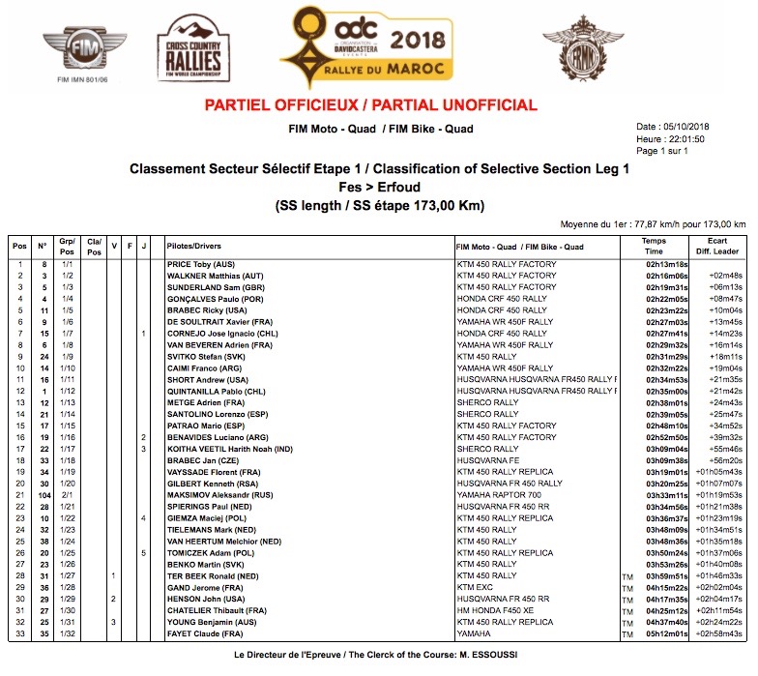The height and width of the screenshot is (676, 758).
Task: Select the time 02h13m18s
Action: tap(667, 264)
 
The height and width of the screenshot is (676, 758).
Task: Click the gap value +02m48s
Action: tap(724, 276)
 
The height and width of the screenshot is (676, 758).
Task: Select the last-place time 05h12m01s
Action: tap(667, 632)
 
